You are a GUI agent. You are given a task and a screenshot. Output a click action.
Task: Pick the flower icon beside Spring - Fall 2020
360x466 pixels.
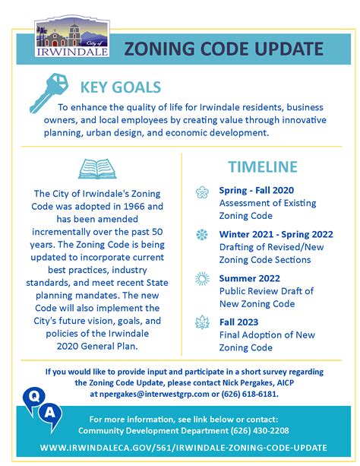click(202, 192)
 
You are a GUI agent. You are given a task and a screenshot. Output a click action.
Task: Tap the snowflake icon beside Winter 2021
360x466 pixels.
click(202, 233)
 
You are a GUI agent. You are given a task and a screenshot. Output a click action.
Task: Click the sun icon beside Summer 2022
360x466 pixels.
click(202, 278)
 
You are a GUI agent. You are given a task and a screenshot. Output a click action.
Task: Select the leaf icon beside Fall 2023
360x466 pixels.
click(202, 322)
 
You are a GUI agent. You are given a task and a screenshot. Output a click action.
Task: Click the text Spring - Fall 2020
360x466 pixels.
click(256, 190)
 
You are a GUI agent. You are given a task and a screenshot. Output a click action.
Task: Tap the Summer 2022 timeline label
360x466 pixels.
click(251, 277)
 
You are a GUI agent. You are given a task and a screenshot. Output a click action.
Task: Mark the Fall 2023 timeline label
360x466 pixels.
click(240, 322)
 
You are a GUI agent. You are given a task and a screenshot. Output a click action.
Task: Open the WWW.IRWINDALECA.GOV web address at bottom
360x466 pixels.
click(179, 449)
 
